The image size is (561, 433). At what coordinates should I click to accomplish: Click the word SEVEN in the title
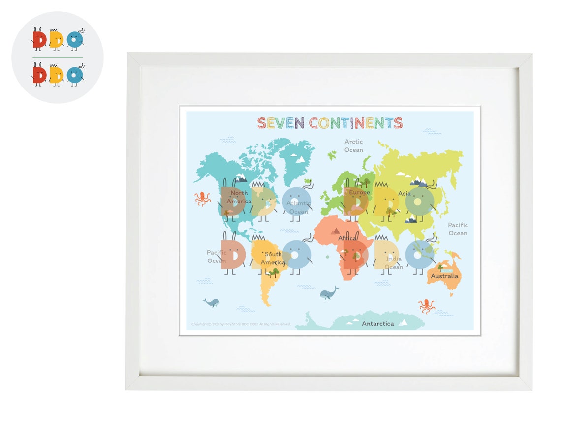coord(280,123)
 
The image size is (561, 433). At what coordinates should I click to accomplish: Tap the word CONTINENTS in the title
coord(356,123)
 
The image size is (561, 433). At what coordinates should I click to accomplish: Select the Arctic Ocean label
coord(354,146)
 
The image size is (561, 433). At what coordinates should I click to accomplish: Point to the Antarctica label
coord(378,324)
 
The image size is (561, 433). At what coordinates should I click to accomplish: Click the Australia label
coord(444,276)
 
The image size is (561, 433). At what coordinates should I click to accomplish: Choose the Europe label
coord(359,193)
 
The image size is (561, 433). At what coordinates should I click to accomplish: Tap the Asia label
coord(405,194)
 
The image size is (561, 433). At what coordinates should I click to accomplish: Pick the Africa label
coord(347,239)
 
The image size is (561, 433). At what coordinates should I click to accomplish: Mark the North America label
coord(239,197)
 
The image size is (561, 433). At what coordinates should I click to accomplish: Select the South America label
coord(273,259)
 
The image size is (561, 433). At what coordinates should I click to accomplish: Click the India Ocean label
coord(394,263)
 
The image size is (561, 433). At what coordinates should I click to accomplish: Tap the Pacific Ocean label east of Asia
coord(458,229)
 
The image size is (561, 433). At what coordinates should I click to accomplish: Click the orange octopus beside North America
coord(202,199)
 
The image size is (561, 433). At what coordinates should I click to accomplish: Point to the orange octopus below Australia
coord(427,306)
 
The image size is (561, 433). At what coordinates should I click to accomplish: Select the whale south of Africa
coord(329,293)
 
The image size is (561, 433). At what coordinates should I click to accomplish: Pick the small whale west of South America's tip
coord(211,302)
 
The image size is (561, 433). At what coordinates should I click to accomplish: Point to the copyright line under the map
coord(241,324)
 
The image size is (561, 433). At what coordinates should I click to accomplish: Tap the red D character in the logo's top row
coord(39,39)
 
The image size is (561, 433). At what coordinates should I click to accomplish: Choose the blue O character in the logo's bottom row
coord(75,75)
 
